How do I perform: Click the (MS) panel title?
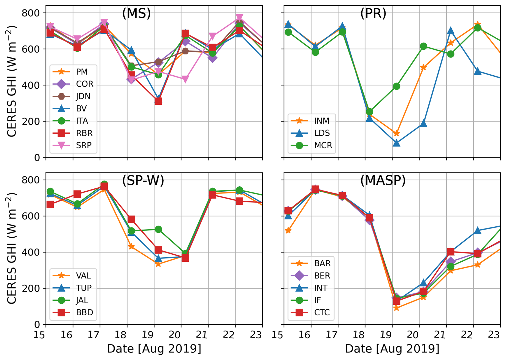[x=136, y=13]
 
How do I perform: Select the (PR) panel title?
[x=373, y=13]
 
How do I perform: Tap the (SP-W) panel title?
[x=143, y=180]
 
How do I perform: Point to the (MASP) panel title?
[x=383, y=180]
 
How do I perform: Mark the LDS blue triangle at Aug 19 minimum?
[x=396, y=143]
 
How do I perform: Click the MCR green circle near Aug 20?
[x=423, y=46]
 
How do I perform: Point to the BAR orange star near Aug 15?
[x=288, y=230]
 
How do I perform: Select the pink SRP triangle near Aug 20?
[x=185, y=79]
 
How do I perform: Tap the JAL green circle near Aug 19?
[x=158, y=229]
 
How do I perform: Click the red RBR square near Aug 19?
[x=158, y=101]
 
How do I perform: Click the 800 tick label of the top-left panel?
[x=30, y=13]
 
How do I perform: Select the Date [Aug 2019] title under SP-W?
[x=154, y=349]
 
